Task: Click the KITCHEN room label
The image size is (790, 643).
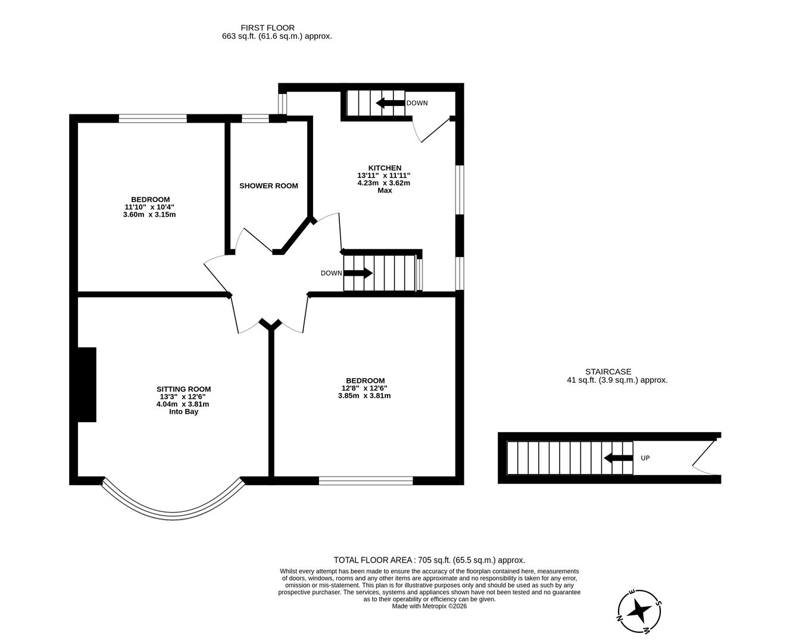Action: click(x=385, y=168)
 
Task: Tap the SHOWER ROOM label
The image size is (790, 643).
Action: click(x=268, y=186)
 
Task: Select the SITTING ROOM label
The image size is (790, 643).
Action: click(x=183, y=389)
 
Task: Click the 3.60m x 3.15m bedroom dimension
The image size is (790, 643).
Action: click(x=149, y=214)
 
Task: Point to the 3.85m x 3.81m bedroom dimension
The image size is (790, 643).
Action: click(x=364, y=395)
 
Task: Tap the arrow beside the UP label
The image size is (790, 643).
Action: click(x=619, y=458)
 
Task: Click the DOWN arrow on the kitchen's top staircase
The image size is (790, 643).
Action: click(x=390, y=103)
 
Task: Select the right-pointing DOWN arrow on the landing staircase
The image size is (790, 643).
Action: click(x=358, y=273)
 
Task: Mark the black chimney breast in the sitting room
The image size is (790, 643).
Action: click(x=87, y=385)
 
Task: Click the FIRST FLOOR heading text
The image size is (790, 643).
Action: click(x=267, y=27)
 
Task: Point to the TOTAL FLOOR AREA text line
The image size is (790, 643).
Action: click(x=429, y=560)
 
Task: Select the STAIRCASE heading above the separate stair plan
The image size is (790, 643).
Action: click(x=608, y=372)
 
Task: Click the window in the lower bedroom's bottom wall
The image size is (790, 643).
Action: click(x=366, y=480)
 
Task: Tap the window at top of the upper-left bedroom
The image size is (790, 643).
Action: click(x=153, y=118)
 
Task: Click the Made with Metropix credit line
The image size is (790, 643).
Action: click(x=429, y=606)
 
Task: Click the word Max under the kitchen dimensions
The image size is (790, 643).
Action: click(x=385, y=191)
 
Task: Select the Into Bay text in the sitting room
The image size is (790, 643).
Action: click(x=183, y=411)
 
